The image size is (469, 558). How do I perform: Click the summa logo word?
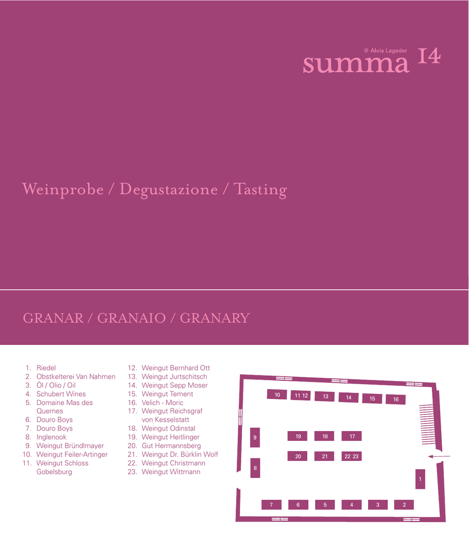click(x=356, y=64)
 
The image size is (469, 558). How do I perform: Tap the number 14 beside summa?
click(x=429, y=56)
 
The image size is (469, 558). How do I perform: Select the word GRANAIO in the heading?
click(x=131, y=318)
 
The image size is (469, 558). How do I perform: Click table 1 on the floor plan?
click(x=420, y=479)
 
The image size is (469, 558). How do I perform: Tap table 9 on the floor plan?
click(x=255, y=438)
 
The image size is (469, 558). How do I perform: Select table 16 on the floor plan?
click(x=395, y=399)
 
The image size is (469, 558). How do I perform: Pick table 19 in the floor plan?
click(x=298, y=436)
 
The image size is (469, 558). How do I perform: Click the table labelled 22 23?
click(x=352, y=456)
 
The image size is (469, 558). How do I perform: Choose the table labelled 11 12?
click(x=301, y=396)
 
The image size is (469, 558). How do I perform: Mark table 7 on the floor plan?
click(x=272, y=505)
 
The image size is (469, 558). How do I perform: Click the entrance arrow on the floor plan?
click(x=439, y=456)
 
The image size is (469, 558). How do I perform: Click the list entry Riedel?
click(x=46, y=368)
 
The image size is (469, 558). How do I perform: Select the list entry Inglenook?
click(x=51, y=437)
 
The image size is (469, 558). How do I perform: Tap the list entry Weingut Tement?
click(x=167, y=394)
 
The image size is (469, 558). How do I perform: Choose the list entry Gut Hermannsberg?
click(x=171, y=446)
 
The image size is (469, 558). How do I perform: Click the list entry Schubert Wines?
click(x=61, y=394)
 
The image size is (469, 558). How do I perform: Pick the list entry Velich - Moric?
click(x=163, y=403)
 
